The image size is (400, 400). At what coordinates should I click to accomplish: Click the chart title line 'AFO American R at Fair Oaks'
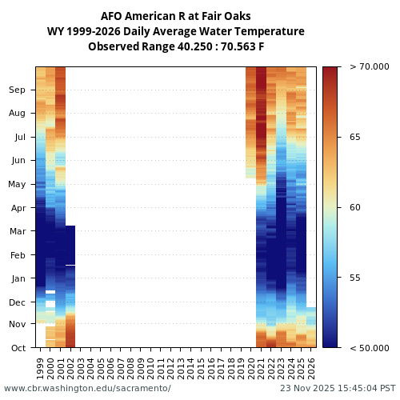(x=175, y=16)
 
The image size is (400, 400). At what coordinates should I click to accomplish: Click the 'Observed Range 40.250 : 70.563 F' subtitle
(x=175, y=46)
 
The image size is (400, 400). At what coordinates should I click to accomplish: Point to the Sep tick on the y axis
(x=17, y=90)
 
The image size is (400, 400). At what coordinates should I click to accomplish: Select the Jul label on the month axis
(x=19, y=138)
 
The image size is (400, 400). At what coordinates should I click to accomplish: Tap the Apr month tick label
(x=18, y=208)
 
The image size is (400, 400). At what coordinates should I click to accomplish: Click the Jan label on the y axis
(x=18, y=278)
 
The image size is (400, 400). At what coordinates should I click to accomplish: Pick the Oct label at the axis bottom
(x=18, y=348)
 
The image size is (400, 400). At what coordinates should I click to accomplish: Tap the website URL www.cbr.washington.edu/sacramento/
(x=87, y=388)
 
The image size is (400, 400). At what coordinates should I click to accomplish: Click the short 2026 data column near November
(x=311, y=326)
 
